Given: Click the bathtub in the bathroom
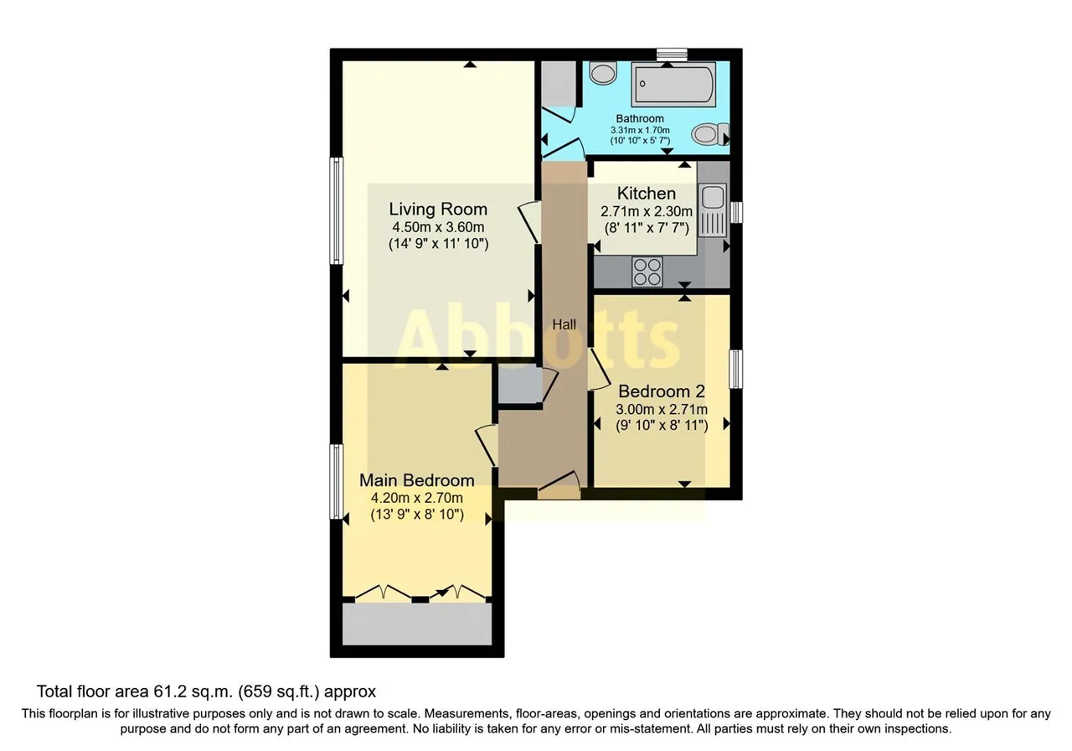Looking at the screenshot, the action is [x=673, y=84].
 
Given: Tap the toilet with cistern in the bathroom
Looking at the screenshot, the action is [x=709, y=133].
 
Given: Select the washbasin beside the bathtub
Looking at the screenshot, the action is [x=603, y=73].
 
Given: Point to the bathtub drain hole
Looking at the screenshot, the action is [x=642, y=83].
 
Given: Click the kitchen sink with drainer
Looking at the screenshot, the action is [x=713, y=211].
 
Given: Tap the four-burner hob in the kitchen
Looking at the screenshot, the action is [x=647, y=272].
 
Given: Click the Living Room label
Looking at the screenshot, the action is [x=438, y=209].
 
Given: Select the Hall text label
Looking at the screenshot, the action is [x=564, y=324].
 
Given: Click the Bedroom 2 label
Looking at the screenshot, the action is [x=662, y=391].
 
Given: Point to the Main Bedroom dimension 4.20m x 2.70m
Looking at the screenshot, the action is [x=417, y=498].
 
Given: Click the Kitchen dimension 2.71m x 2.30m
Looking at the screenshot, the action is [x=647, y=211].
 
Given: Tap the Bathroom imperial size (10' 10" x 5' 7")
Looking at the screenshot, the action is [x=640, y=141].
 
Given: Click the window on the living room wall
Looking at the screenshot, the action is [x=337, y=210].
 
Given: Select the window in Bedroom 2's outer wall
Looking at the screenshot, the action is [x=736, y=369].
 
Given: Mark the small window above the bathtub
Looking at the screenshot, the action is [x=672, y=54].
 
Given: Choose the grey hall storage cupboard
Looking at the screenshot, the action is [x=520, y=384].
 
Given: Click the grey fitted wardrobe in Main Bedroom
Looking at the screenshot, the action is [x=417, y=624].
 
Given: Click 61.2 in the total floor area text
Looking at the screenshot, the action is [x=169, y=691].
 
